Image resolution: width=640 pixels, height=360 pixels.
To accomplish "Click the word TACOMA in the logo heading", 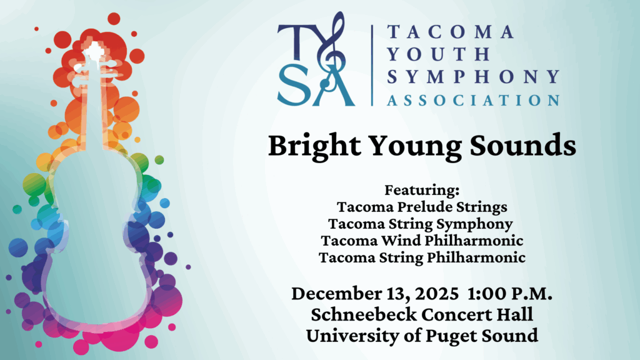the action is [x=451, y=32].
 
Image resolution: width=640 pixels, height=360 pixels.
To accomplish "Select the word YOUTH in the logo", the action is [x=439, y=54].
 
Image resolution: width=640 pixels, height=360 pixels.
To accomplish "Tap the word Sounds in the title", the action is [x=523, y=145].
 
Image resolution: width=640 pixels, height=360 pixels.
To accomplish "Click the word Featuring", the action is [x=422, y=191].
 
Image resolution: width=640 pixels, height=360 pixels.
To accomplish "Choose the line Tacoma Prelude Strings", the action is [x=422, y=207].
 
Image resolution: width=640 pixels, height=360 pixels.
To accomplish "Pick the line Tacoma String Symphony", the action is [x=421, y=224].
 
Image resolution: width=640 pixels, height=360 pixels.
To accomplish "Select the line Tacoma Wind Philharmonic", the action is [x=422, y=241].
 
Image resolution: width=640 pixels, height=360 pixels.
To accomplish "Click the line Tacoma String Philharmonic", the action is [x=422, y=258].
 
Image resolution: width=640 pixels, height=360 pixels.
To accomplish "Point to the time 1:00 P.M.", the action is [x=510, y=294].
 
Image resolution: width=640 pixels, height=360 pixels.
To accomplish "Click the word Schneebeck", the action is [x=364, y=315].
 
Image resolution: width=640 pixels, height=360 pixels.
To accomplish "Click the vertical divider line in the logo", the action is [x=372, y=65].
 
